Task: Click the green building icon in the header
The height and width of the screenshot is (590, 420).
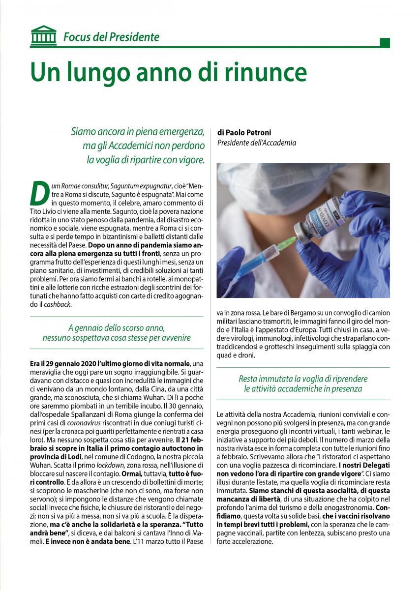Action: tap(43, 35)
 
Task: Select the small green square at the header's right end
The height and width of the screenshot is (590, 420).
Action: tap(385, 43)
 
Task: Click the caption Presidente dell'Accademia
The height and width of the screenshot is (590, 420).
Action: tap(257, 143)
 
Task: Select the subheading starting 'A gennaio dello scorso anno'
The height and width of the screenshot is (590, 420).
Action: tap(117, 333)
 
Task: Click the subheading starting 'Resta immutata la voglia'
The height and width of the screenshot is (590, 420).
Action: tap(303, 384)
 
